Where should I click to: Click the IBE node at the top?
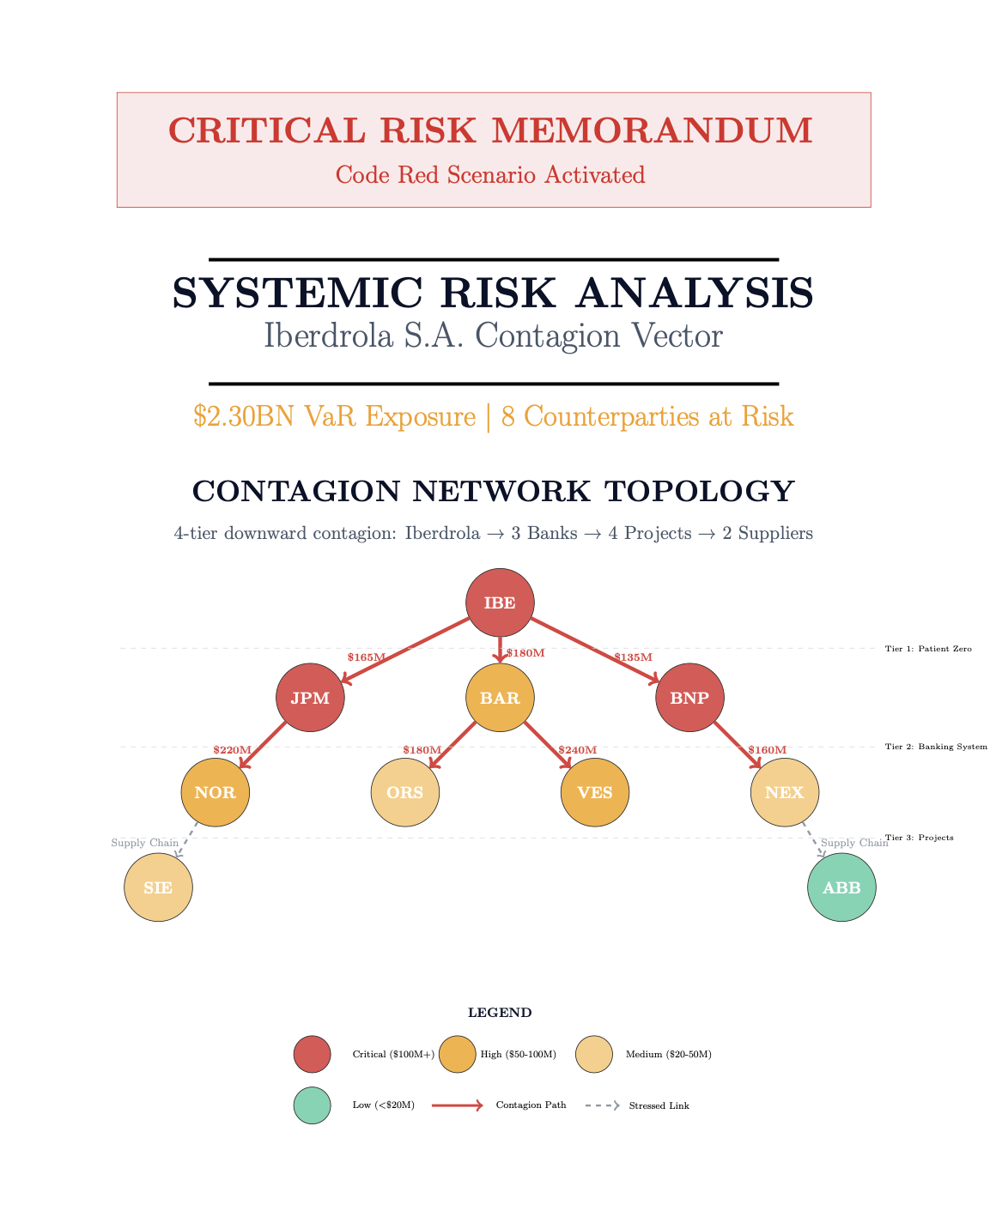tap(500, 602)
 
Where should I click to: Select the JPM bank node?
tap(310, 698)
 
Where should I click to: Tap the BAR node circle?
tap(500, 698)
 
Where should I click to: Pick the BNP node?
tap(689, 698)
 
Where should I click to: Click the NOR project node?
tap(216, 792)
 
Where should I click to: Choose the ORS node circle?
tap(405, 792)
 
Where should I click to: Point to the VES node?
tap(595, 792)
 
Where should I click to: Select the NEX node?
tap(785, 792)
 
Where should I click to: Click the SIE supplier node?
tap(158, 887)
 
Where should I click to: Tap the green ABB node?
tap(841, 887)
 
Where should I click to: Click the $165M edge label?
tap(367, 657)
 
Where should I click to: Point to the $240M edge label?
tap(577, 750)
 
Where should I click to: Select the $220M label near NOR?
tap(233, 750)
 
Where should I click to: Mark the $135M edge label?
tap(633, 657)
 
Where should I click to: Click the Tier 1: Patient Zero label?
tap(928, 649)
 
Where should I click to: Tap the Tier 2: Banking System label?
tap(936, 747)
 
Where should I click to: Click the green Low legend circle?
tap(312, 1105)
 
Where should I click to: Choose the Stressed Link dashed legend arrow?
tap(602, 1105)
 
